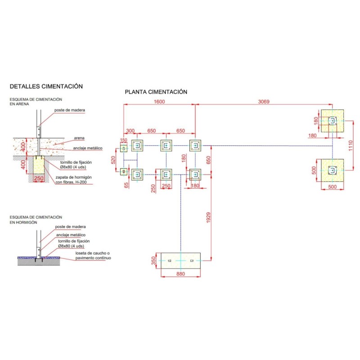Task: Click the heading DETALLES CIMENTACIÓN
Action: point(46,86)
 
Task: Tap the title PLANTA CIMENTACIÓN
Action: point(156,92)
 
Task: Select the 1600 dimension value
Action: point(159,102)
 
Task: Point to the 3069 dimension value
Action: point(264,102)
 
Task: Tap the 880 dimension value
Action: point(180,273)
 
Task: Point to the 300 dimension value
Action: point(130,131)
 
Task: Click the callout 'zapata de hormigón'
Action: point(75,178)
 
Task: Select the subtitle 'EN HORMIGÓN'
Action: point(23,222)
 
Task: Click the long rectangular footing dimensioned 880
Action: point(180,261)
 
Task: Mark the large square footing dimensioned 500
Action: point(333,170)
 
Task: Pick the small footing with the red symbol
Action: point(124,171)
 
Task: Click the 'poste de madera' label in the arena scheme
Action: point(69,110)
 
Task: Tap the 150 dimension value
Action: point(123,140)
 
